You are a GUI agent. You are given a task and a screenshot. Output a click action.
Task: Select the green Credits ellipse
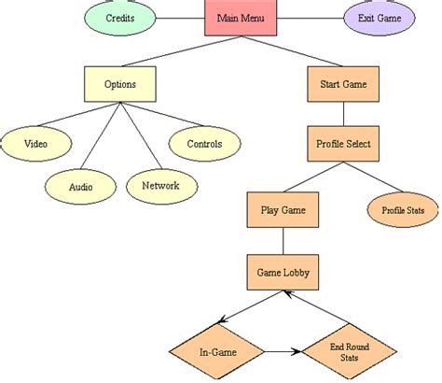click(x=119, y=18)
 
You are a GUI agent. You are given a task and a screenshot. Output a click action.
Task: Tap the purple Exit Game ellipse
click(x=380, y=18)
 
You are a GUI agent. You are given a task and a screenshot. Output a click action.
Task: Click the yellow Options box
click(x=120, y=84)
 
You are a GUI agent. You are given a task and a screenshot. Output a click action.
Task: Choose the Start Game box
click(x=342, y=84)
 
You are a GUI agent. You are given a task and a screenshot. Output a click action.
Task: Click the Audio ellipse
click(x=81, y=186)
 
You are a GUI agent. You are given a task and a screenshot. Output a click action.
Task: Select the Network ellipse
click(x=160, y=185)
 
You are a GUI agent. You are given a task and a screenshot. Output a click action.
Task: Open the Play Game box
click(x=283, y=209)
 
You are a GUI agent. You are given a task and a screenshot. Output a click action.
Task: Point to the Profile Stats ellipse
click(x=402, y=210)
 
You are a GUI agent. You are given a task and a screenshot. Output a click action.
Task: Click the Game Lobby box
click(x=283, y=273)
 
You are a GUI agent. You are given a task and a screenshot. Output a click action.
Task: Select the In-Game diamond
click(x=216, y=352)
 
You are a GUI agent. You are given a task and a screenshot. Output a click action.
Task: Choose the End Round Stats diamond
click(x=349, y=352)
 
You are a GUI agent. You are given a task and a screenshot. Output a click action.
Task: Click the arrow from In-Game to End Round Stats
click(x=283, y=352)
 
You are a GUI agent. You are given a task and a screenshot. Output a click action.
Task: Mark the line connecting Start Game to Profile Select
click(x=342, y=114)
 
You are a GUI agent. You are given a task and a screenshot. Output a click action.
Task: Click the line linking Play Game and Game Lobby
click(x=283, y=241)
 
